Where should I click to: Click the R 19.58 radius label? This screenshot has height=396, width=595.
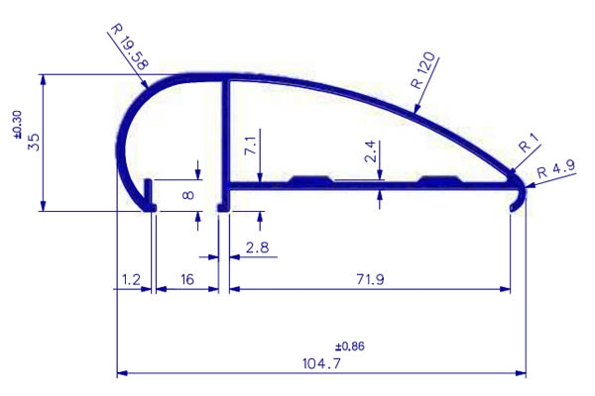tap(129, 47)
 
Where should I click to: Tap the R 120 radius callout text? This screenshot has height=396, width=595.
tap(423, 70)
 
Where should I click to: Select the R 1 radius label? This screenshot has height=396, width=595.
tap(529, 144)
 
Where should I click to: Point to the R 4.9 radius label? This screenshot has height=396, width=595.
tap(556, 169)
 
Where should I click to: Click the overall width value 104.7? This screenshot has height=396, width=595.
tap(321, 363)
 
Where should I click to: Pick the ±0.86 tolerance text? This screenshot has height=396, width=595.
tap(349, 346)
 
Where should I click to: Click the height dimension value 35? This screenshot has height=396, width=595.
tap(34, 142)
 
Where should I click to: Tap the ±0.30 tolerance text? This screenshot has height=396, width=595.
tap(18, 125)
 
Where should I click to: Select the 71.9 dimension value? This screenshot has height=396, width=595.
tap(370, 279)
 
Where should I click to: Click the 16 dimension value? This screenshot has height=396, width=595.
tap(187, 279)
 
